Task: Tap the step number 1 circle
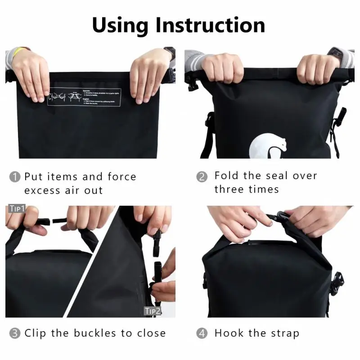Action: pos(15,177)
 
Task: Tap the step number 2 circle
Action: pos(202,176)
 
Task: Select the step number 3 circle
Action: pos(15,333)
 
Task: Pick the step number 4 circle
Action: pos(202,333)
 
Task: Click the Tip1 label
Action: pos(17,209)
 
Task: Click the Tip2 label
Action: pos(152,311)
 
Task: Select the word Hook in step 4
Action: pos(228,333)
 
